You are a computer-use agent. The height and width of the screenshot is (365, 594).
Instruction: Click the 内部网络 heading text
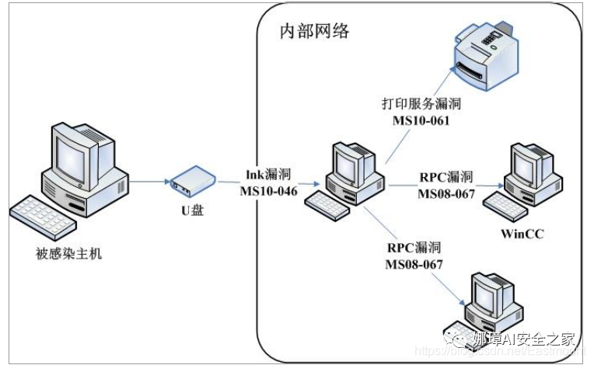[314, 32]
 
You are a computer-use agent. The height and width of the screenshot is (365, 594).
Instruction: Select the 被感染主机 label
[68, 252]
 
